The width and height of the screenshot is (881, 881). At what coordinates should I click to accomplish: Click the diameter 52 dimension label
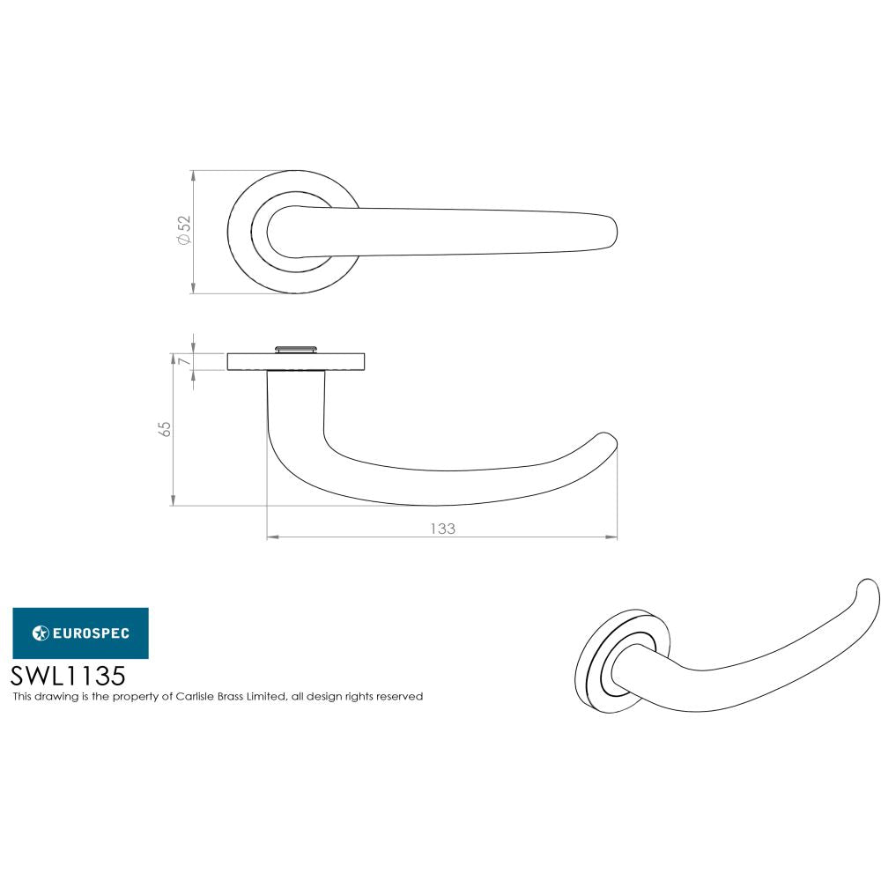pyautogui.click(x=183, y=231)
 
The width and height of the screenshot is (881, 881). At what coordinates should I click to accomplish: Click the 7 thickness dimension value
pyautogui.click(x=183, y=361)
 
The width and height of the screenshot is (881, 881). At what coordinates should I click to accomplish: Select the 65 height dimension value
pyautogui.click(x=163, y=429)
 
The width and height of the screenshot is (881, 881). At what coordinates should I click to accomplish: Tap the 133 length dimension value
pyautogui.click(x=442, y=529)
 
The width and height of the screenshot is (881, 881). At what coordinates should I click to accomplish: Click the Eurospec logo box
pyautogui.click(x=80, y=633)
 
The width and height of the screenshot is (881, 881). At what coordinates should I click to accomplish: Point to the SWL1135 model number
pyautogui.click(x=68, y=676)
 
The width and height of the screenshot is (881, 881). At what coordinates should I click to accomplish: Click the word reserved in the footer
pyautogui.click(x=399, y=697)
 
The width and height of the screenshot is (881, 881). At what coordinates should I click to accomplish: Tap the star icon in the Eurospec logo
pyautogui.click(x=41, y=633)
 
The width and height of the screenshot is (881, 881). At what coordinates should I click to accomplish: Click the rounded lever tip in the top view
pyautogui.click(x=608, y=231)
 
